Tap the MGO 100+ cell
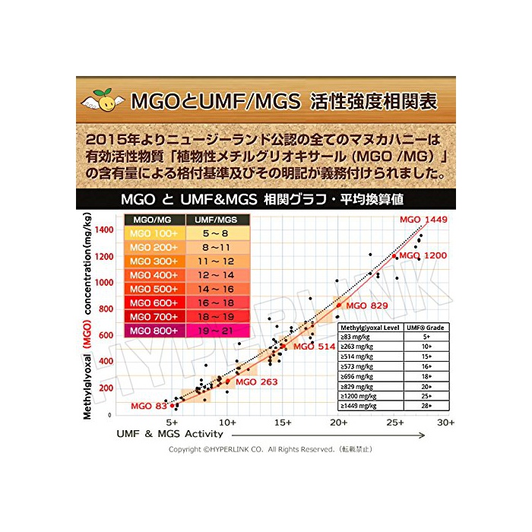[154, 233]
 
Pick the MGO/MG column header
[154, 220]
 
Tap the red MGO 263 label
[257, 382]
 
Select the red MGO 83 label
[148, 406]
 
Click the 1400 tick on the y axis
[104, 230]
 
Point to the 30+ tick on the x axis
[446, 422]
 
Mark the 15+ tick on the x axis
[283, 422]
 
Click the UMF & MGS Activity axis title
[169, 434]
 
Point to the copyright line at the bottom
[270, 450]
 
